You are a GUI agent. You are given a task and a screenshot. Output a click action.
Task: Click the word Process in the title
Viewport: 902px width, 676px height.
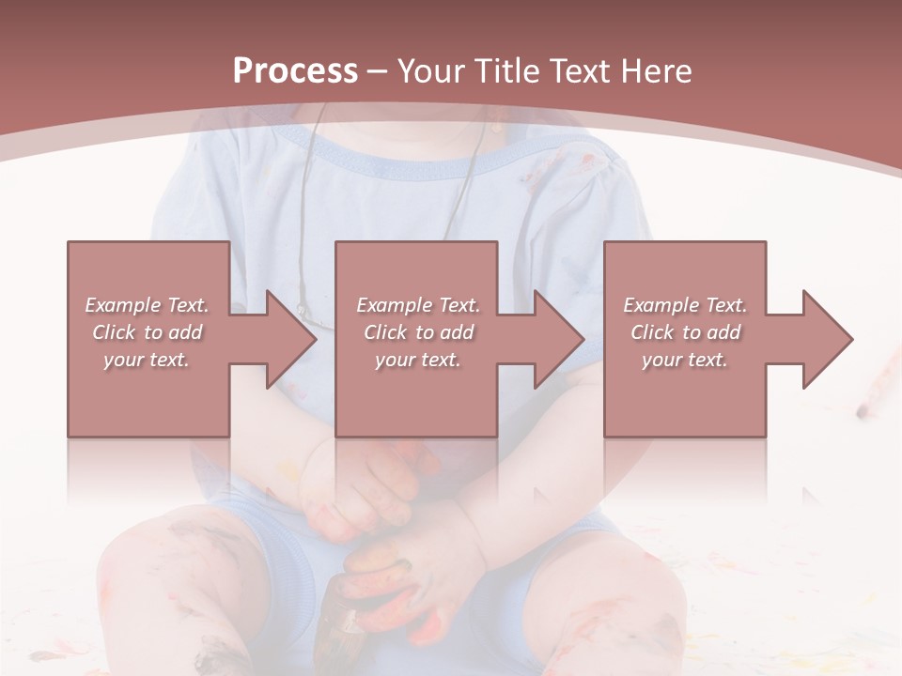point(295,71)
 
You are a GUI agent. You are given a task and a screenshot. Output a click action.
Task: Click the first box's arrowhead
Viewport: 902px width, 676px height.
point(288,339)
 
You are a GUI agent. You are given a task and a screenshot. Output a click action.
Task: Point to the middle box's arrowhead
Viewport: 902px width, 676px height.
point(556,339)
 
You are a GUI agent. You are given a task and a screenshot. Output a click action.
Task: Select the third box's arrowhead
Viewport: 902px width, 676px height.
point(825,339)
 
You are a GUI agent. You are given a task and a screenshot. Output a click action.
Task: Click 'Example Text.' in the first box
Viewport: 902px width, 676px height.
point(148,305)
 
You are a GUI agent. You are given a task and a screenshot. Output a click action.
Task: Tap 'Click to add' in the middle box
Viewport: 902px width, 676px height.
point(418,332)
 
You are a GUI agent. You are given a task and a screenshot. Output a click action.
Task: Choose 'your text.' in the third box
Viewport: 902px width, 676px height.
point(685,360)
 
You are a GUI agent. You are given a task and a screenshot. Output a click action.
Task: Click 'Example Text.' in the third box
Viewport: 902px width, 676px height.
point(685,305)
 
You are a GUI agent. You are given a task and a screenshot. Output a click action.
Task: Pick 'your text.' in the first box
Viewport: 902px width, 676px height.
point(148,360)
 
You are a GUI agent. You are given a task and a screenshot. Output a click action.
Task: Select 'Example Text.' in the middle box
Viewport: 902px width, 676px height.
point(418,305)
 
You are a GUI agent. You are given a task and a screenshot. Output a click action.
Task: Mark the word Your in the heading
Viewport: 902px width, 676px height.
point(432,71)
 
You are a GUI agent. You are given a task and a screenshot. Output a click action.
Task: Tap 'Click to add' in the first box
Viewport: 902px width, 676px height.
point(148,332)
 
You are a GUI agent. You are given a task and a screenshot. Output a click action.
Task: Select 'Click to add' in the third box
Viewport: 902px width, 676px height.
point(685,332)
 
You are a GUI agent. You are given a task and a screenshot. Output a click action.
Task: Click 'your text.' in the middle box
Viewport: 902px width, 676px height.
point(418,360)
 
